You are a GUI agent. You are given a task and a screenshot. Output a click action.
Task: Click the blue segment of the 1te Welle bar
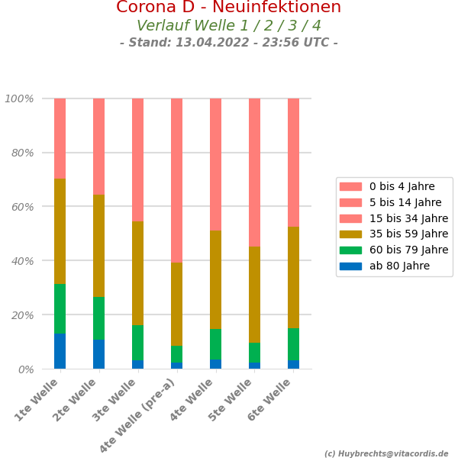pyautogui.click(x=60, y=351)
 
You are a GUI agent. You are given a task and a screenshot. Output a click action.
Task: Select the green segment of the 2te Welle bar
pyautogui.click(x=98, y=318)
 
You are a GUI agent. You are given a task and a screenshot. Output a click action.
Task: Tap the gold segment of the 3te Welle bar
pyautogui.click(x=137, y=273)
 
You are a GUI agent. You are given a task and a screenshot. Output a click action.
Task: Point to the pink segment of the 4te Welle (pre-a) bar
pyautogui.click(x=176, y=180)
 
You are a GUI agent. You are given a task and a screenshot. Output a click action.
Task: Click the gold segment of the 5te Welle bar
pyautogui.click(x=254, y=295)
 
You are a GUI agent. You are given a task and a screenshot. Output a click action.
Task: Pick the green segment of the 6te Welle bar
pyautogui.click(x=293, y=344)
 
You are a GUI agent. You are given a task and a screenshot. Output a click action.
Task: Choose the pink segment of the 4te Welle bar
pyautogui.click(x=215, y=164)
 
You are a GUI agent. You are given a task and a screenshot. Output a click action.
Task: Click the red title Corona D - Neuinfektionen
pyautogui.click(x=228, y=8)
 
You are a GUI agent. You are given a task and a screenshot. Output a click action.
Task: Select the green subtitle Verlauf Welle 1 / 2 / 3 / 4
pyautogui.click(x=228, y=26)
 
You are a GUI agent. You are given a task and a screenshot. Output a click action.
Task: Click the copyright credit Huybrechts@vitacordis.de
pyautogui.click(x=390, y=453)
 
